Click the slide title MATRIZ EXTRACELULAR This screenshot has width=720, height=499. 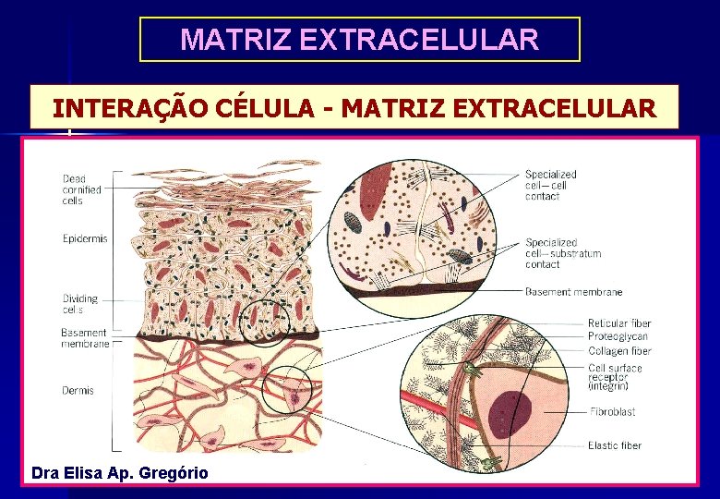[x=359, y=40]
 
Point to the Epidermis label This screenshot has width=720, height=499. [x=85, y=238]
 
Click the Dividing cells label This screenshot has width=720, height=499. [x=80, y=304]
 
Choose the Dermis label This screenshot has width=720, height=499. [x=78, y=391]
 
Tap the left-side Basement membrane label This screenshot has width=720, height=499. [x=85, y=338]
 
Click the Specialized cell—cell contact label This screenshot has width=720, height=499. [x=551, y=185]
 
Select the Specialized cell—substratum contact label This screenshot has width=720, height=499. [x=563, y=253]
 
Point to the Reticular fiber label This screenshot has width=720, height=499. [x=619, y=323]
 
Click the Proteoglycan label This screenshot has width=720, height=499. [x=618, y=337]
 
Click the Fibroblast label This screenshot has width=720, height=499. [x=612, y=412]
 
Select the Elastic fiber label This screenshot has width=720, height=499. [x=614, y=446]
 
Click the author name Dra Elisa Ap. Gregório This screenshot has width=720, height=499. [x=120, y=473]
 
